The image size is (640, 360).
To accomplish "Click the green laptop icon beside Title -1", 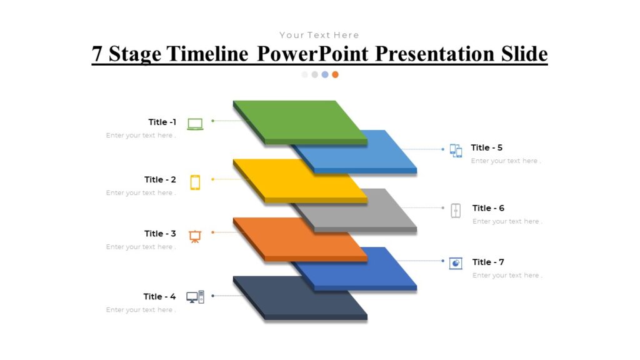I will [195, 124].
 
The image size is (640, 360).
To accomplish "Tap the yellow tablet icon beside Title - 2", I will [195, 182].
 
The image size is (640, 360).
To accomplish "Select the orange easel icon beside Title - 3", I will [195, 236].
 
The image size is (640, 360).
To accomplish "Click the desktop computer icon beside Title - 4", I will [195, 297].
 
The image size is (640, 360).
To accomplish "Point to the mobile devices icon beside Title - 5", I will [456, 150].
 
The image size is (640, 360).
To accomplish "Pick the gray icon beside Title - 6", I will [456, 210].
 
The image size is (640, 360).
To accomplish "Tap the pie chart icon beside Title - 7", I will [456, 263].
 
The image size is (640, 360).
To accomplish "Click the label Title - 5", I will [486, 147].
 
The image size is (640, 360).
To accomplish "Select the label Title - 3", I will [160, 234].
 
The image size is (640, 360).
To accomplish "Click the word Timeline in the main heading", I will [209, 54].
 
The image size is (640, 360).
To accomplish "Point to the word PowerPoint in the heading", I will [313, 54].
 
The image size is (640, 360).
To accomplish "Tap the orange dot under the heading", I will [335, 74].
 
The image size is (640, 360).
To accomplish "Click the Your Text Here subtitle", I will [319, 35].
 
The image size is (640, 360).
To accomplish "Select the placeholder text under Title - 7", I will [506, 276].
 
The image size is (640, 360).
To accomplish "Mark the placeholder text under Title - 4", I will [141, 310].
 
